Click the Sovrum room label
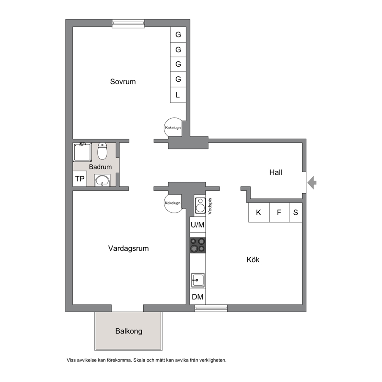pos(123,82)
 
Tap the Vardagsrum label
pos(128,248)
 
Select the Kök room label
pos(253,260)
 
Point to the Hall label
pos(276,173)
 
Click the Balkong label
pos(129,331)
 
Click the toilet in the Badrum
pos(102,151)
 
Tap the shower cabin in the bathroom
pos(82,152)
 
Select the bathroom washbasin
pos(102,180)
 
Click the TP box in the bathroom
pos(80,179)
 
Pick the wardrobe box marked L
pos(178,95)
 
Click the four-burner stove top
pos(198,245)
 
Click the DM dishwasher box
pos(198,297)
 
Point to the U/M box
pos(198,225)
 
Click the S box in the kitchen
pos(296,213)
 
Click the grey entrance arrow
pos(312,183)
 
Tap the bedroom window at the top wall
pos(128,23)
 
